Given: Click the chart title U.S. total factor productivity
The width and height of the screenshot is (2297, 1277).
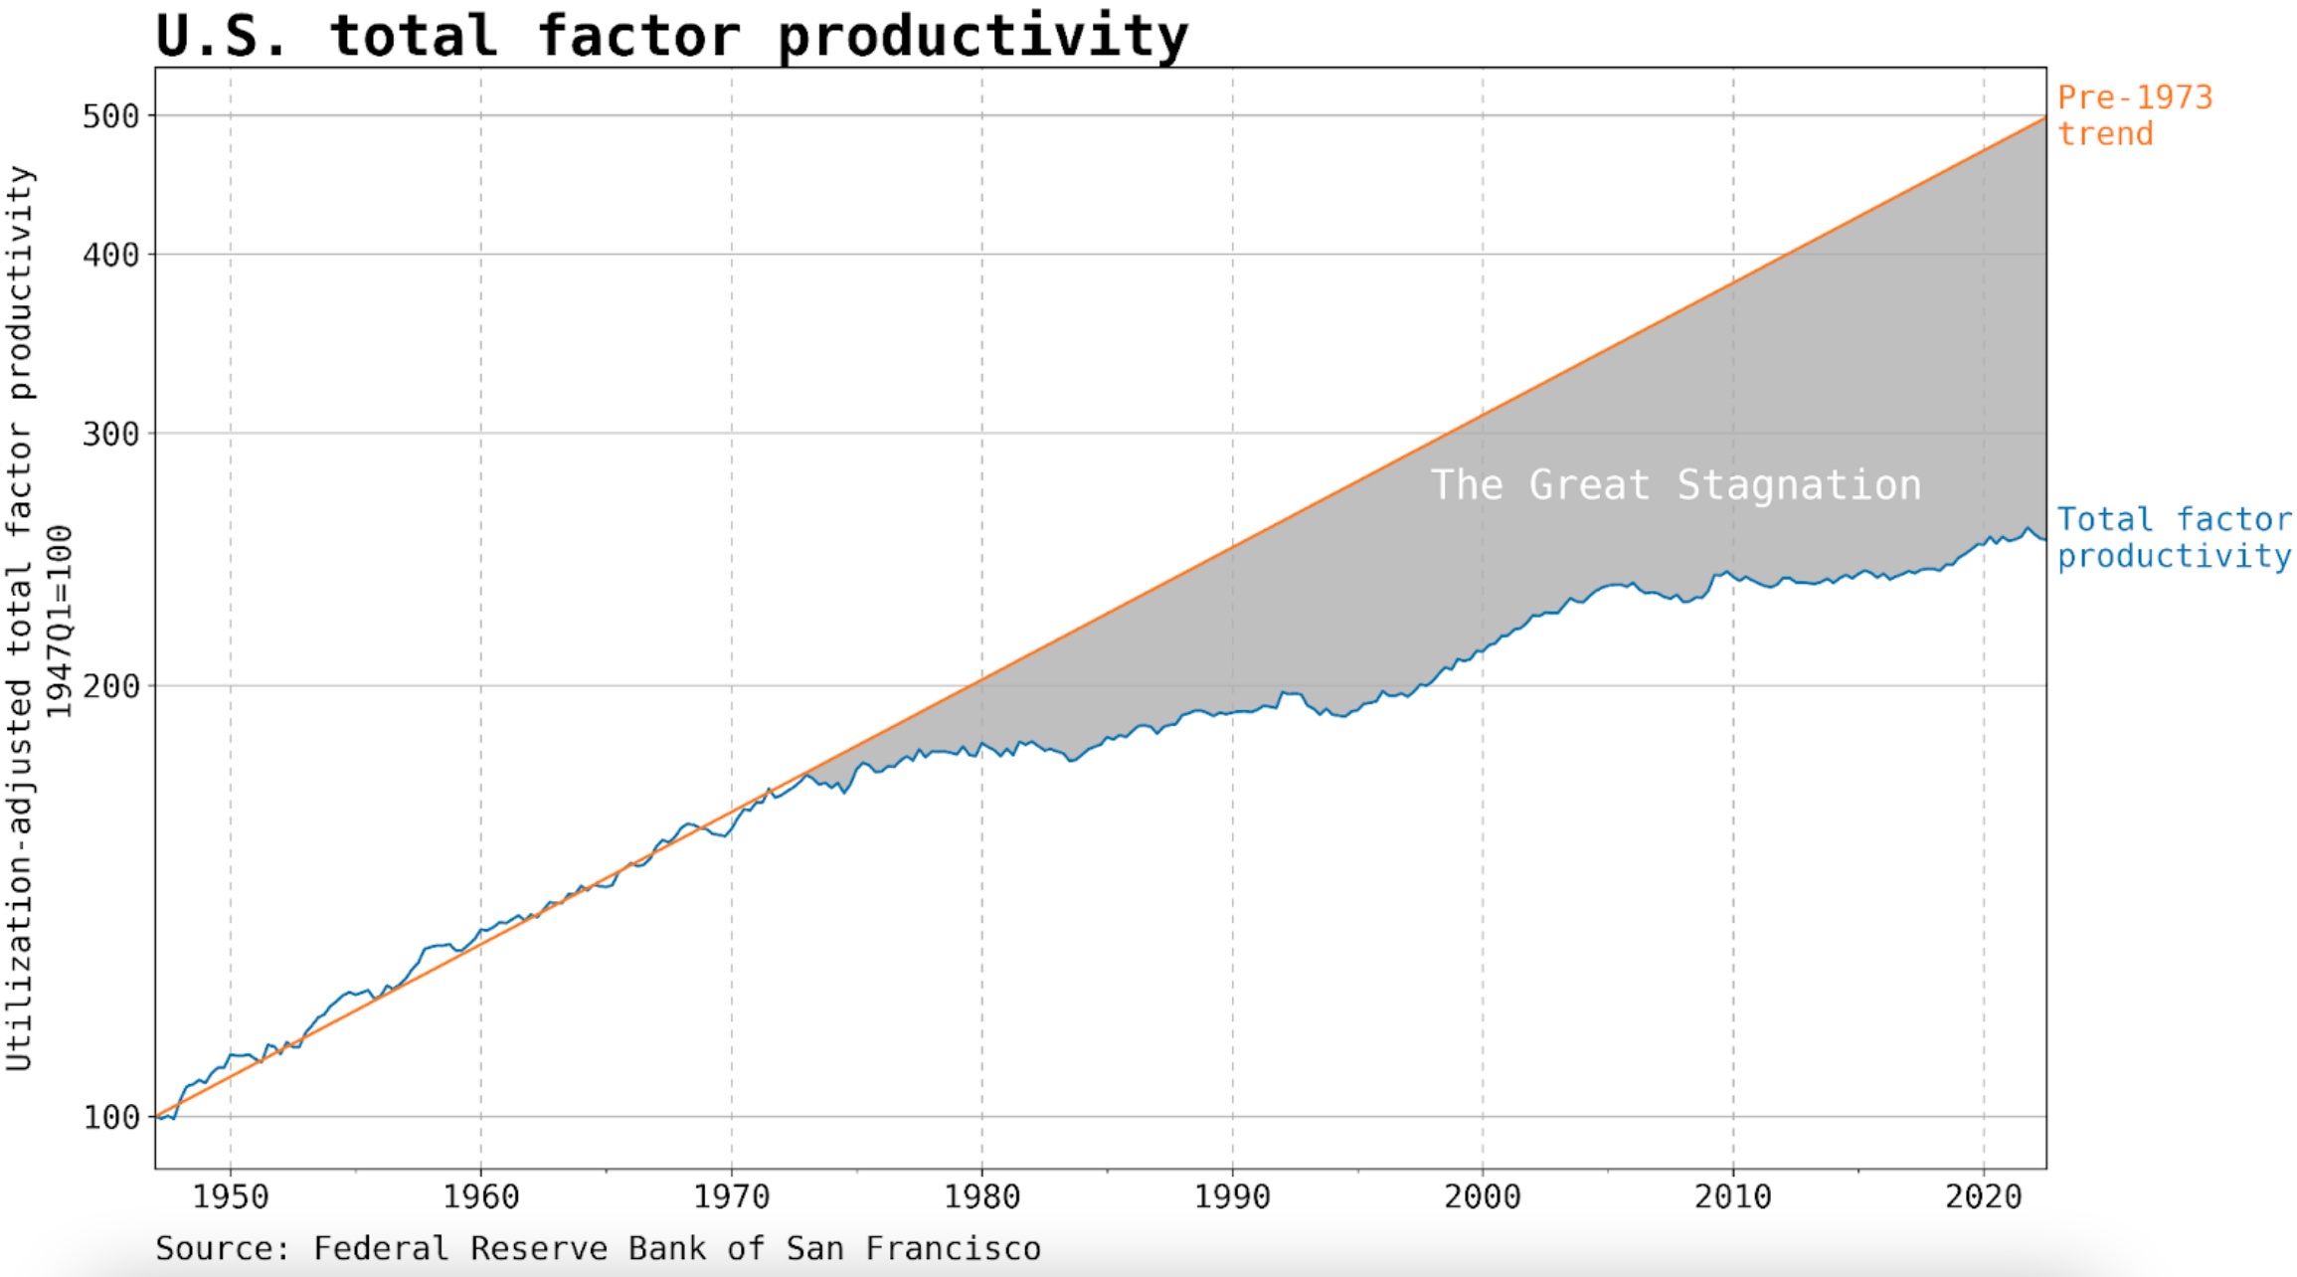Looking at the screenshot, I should coord(671,36).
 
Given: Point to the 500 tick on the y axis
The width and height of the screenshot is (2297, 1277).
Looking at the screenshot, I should coord(110,116).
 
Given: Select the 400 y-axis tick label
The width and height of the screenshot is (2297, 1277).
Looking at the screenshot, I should coord(110,255).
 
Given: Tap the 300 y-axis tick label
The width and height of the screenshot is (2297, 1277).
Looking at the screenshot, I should coord(110,434).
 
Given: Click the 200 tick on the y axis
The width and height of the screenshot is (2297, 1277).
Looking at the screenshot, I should coord(110,686).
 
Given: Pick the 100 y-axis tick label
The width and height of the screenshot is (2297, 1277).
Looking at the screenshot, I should coord(110,1117).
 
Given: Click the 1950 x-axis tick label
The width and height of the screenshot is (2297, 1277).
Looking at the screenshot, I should coord(231,1196).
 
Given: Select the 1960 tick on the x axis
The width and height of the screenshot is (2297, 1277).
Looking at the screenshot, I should coord(481,1196).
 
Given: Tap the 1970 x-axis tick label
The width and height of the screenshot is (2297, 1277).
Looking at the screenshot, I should coord(732,1196).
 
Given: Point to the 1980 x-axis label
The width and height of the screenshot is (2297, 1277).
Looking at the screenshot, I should coord(982,1196).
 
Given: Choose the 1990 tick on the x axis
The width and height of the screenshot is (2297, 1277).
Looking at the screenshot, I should coord(1233,1196).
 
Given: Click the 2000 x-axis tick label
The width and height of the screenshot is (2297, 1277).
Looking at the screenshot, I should coord(1483,1196).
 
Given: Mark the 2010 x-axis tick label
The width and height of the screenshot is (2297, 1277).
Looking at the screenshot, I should coord(1733,1196).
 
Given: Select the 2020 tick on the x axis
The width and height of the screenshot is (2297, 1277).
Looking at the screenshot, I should coord(1984,1196).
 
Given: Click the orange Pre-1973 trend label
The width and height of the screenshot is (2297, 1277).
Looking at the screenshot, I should coord(2134,115).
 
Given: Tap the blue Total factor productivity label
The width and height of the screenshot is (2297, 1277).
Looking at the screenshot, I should coord(2173,537).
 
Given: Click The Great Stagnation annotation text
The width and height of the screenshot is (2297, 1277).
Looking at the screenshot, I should coord(1676,485).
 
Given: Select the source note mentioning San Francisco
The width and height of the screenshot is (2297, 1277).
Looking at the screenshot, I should coord(598,1248).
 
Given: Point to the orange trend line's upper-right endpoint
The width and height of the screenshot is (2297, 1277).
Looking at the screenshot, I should coord(2044,118).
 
